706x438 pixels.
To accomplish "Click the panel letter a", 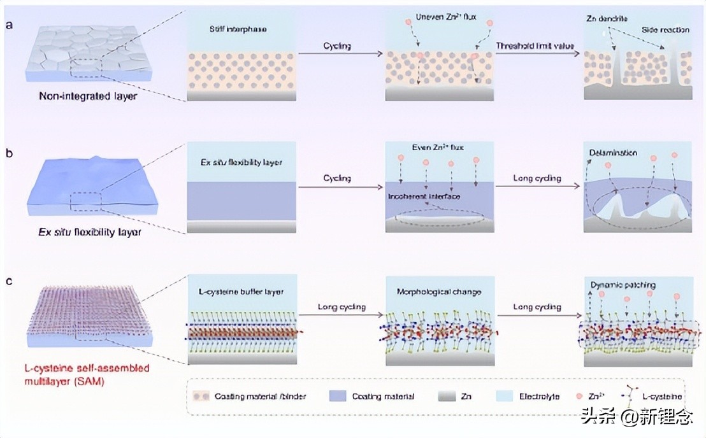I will [9, 25].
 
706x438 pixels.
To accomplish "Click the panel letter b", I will [9, 153].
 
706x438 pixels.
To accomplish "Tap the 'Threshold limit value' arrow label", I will [535, 46].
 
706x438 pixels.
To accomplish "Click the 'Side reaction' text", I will [665, 30].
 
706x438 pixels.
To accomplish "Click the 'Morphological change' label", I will [440, 292].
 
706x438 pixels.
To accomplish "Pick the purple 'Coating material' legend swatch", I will [338, 396].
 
